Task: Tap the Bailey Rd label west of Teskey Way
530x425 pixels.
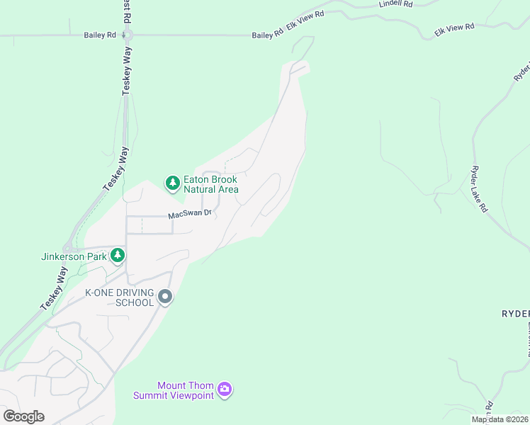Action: pos(99,35)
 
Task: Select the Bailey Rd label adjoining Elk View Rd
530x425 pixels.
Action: pos(267,35)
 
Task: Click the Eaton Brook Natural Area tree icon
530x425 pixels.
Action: pos(172,183)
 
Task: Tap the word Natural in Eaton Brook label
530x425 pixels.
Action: pos(201,189)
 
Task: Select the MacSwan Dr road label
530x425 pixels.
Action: pos(190,214)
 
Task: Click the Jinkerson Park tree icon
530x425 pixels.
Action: pos(118,255)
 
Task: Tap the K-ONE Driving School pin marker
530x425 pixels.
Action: pos(165,297)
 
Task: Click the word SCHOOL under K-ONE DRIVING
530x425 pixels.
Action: pos(135,303)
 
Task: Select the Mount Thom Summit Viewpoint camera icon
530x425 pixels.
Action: pos(225,388)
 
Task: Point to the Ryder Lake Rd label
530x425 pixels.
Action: pos(479,190)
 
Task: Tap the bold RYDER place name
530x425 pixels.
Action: pos(515,314)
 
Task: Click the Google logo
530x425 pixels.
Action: pos(23,416)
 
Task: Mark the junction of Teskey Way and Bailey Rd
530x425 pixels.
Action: pos(128,35)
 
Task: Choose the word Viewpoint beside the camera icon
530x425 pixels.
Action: pos(191,395)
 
